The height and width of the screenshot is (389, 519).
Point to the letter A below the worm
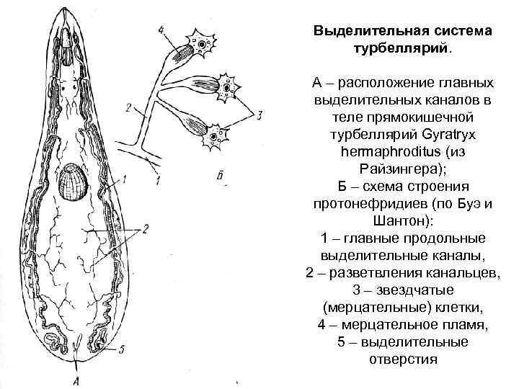77,380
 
